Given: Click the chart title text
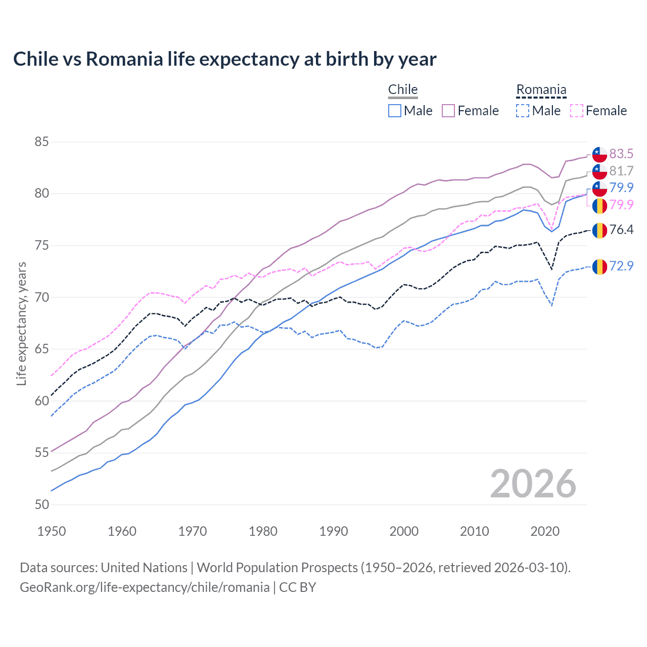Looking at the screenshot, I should coord(224,59).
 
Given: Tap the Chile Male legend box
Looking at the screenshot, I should coord(395,111).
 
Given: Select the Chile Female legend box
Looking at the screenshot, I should coord(448,111).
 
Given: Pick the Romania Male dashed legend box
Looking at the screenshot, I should coord(523,111).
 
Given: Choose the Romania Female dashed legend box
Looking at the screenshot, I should coord(576,111).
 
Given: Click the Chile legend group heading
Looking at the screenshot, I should coord(403,89).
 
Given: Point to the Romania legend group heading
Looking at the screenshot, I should coord(541,90).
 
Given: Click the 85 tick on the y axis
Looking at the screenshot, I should coord(41,142).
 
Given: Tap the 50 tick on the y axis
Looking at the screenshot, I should coord(41,504).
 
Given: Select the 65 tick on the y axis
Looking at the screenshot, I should coord(41,349).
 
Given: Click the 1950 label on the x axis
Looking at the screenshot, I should coord(52,531).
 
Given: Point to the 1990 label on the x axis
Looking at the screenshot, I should coord(334,531).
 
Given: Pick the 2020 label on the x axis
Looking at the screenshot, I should coord(545,531).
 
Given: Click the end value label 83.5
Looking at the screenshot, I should coord(621,154).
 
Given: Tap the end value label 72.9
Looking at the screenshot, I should coord(621,266).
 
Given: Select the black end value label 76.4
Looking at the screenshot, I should coord(621,229).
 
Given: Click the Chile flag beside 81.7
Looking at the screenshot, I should coord(599,171).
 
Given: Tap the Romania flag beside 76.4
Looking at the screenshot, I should coord(599,230).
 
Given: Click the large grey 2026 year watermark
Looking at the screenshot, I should coord(533,484).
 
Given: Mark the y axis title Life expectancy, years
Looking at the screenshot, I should coord(21,323).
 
